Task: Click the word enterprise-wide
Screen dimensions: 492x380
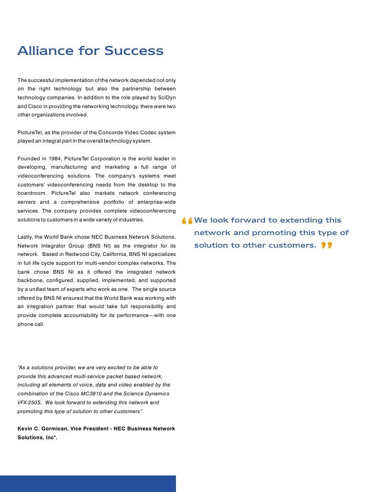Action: (156, 202)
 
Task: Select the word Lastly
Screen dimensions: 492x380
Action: (26, 238)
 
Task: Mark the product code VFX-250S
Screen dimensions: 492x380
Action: (31, 402)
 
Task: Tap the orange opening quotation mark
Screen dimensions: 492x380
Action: (186, 222)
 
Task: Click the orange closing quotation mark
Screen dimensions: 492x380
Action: (327, 245)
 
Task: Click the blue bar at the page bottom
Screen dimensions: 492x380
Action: (88, 483)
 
